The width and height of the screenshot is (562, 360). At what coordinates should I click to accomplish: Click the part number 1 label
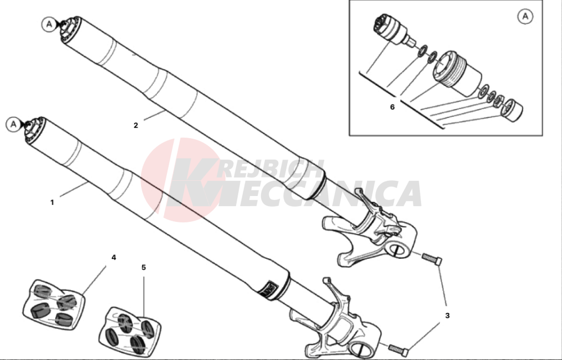[x=52, y=202]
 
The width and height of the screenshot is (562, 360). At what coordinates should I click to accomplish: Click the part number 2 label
[x=135, y=125]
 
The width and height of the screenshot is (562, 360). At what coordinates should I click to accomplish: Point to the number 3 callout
[x=447, y=316]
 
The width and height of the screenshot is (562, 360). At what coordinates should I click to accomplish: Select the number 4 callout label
[x=114, y=257]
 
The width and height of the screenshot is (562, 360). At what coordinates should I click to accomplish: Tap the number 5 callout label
[x=144, y=267]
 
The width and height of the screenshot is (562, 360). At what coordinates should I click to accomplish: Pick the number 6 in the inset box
[x=392, y=107]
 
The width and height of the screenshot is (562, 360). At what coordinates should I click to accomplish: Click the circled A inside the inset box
[x=525, y=16]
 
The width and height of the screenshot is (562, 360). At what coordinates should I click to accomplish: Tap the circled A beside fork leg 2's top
[x=49, y=24]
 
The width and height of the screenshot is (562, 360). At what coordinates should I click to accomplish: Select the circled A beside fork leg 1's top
[x=13, y=124]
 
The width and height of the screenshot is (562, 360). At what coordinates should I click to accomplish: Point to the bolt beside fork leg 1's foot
[x=398, y=348]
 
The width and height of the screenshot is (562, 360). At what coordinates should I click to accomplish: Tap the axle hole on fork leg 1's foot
[x=362, y=349]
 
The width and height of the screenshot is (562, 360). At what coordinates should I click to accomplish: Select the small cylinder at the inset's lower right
[x=513, y=110]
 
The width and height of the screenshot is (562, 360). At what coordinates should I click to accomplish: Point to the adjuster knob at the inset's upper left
[x=393, y=30]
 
